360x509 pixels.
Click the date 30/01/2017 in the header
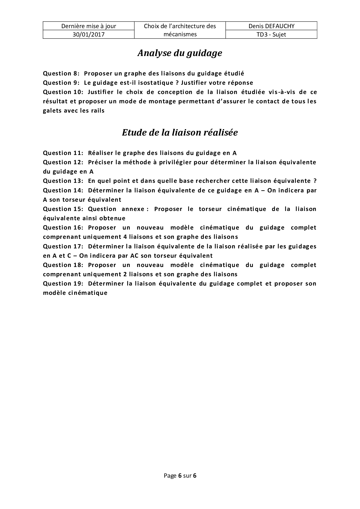pos(89,35)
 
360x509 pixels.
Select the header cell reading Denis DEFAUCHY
pos(271,26)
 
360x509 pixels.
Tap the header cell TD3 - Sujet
pos(271,35)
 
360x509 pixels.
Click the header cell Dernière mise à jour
pos(89,26)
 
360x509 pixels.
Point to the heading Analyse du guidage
pos(180,53)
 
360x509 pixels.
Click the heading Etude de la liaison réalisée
pos(180,133)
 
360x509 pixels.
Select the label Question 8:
pos(61,73)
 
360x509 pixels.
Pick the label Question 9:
pos(61,83)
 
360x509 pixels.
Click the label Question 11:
pos(63,153)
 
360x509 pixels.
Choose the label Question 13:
pos(63,181)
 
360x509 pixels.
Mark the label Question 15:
pos(63,209)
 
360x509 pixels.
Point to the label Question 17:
pos(63,246)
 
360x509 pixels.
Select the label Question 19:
pos(63,284)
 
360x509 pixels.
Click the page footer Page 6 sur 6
pos(180,476)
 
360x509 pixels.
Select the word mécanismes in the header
pos(180,35)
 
